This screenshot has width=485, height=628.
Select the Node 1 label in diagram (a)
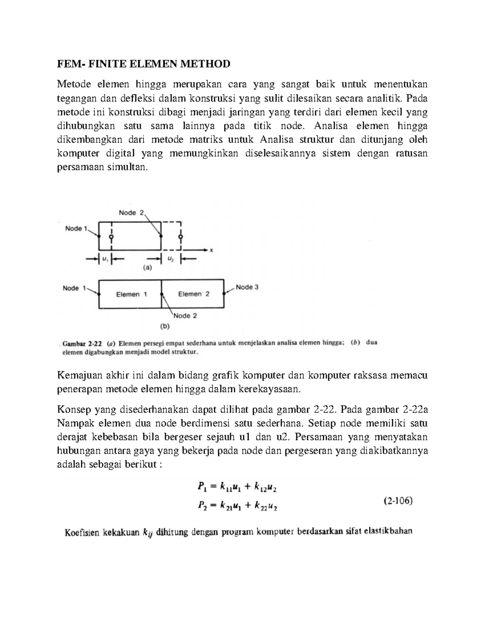pyautogui.click(x=76, y=228)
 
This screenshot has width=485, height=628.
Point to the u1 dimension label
pyautogui.click(x=105, y=259)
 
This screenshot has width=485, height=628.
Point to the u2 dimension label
pyautogui.click(x=171, y=259)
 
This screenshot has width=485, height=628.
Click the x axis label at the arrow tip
pyautogui.click(x=211, y=250)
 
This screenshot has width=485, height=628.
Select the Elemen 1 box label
pyautogui.click(x=131, y=294)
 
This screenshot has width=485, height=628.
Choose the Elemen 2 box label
pyautogui.click(x=194, y=294)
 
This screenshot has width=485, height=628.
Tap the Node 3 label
pyautogui.click(x=247, y=287)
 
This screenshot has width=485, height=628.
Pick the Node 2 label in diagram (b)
pyautogui.click(x=185, y=316)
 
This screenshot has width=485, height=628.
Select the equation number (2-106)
pyautogui.click(x=398, y=501)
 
